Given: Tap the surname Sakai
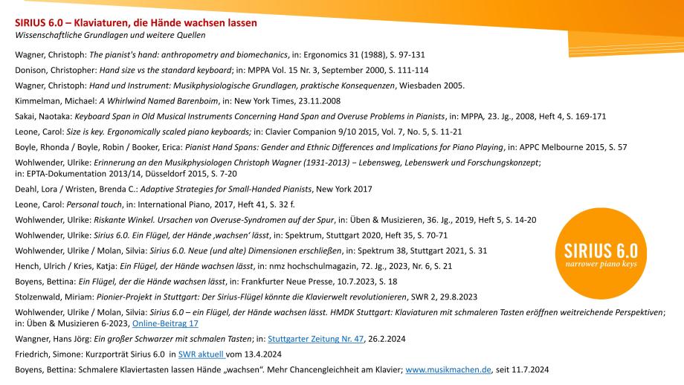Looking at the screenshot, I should tap(25, 117).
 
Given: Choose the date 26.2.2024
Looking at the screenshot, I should tap(387, 338).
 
